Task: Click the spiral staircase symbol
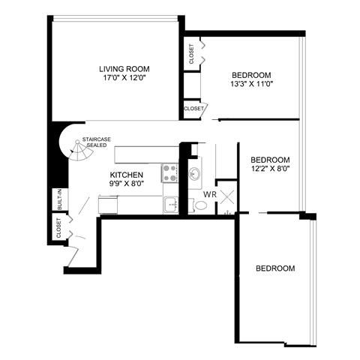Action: tap(77, 154)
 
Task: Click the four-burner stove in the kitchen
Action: tap(169, 174)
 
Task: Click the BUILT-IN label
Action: tap(58, 200)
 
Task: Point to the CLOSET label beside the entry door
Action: tap(58, 228)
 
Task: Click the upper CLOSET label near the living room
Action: tap(191, 53)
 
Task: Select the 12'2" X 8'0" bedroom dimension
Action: tap(270, 168)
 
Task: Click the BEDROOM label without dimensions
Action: tap(274, 268)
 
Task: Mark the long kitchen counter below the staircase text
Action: tap(146, 155)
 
